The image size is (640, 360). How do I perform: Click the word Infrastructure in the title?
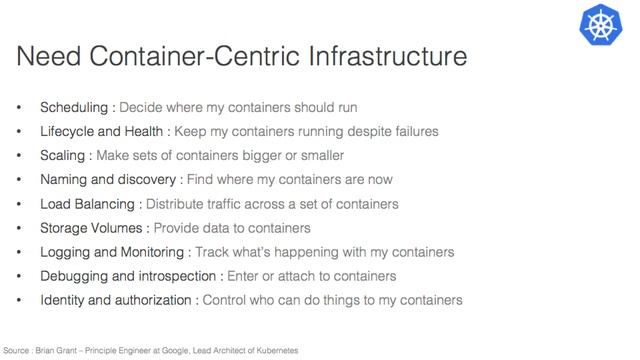pos(383,57)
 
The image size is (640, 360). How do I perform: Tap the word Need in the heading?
pos(52,57)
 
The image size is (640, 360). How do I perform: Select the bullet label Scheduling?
pos(72,107)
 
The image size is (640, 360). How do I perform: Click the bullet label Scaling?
pos(61,155)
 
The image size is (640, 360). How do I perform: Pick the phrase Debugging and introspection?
pos(126,276)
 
